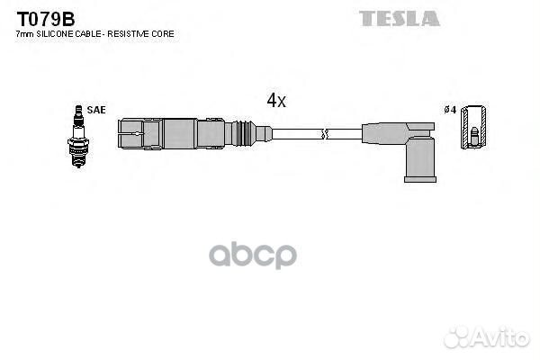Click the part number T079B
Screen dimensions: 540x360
[46, 19]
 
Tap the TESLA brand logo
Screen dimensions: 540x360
[400, 19]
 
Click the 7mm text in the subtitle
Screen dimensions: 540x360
[25, 34]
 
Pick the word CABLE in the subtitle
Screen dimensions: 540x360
[88, 34]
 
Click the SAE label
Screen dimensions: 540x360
[96, 110]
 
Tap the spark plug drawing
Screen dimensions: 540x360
[78, 137]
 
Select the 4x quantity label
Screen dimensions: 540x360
[276, 100]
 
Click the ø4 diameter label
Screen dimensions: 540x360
[450, 110]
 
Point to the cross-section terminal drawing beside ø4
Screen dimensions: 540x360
[474, 127]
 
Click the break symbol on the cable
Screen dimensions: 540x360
[324, 134]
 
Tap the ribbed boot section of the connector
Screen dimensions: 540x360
[244, 133]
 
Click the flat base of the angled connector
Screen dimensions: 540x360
[420, 179]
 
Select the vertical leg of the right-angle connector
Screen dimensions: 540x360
[420, 157]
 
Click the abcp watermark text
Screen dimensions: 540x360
[253, 256]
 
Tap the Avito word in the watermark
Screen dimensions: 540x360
[501, 337]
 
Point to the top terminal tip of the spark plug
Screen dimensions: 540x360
[79, 107]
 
